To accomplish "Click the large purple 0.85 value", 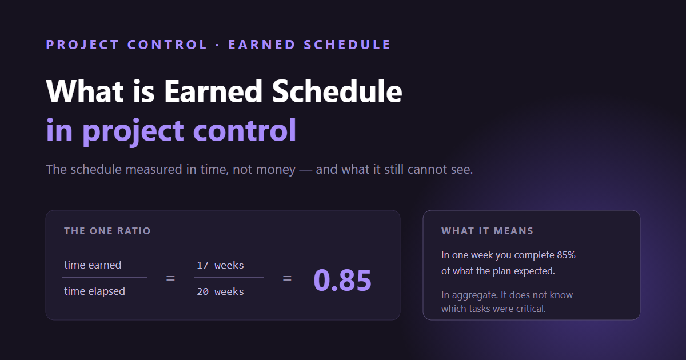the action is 342,280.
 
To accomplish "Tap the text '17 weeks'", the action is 220,265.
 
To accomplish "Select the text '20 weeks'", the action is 220,291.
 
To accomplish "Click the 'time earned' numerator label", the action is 93,265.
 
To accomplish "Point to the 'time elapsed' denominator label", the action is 95,291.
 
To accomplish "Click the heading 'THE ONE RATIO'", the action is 107,231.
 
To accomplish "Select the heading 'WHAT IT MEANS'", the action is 487,231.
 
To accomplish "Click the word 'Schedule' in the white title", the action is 337,91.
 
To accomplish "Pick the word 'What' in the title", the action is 85,91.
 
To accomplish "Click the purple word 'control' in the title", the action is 245,130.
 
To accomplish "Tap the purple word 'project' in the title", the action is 133,132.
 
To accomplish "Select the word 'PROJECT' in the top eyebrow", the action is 82,45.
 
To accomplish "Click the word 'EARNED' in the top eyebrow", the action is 262,45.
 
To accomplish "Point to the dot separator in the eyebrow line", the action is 217,45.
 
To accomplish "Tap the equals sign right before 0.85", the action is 287,278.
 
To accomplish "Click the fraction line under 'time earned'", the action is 105,277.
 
